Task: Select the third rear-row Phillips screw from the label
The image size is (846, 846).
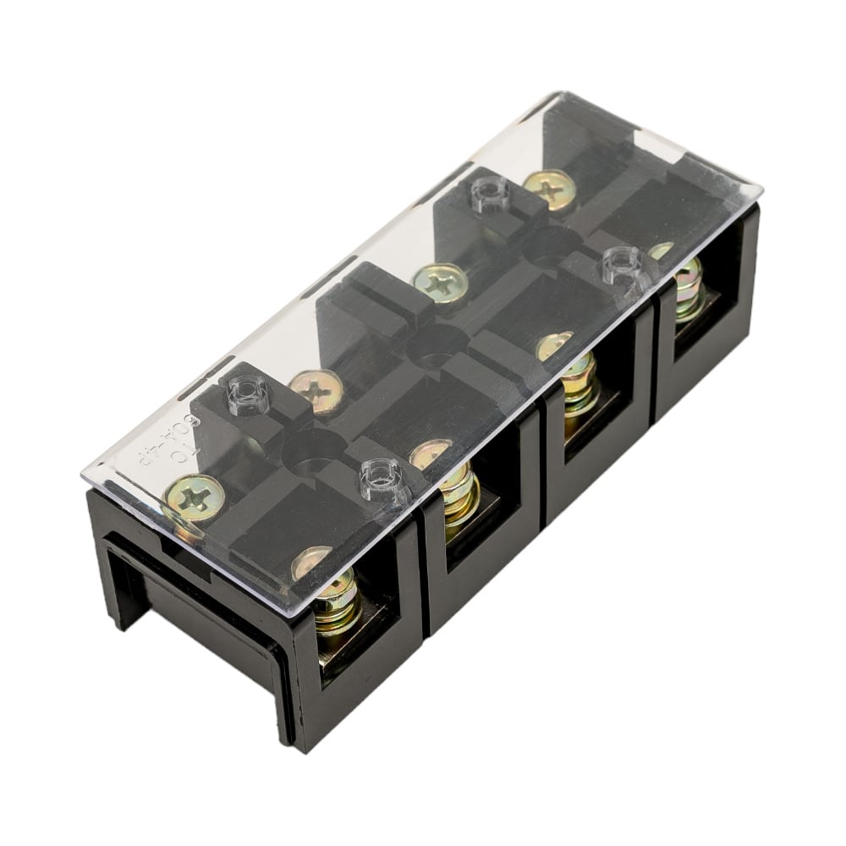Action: pos(441,283)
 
